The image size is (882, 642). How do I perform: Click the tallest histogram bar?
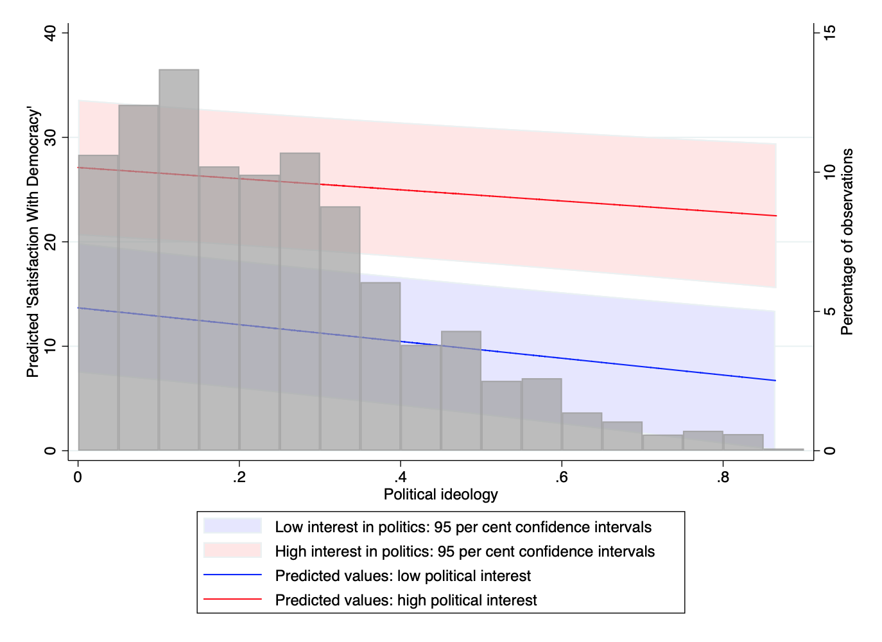tap(179, 257)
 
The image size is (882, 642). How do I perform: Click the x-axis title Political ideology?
tap(441, 494)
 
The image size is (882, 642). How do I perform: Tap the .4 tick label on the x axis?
tap(401, 477)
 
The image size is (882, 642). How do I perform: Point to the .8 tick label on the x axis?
tap(723, 477)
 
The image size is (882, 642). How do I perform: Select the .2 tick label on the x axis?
tap(239, 477)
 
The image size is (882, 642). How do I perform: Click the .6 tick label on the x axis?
tap(562, 477)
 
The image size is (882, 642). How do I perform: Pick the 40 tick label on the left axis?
tap(50, 33)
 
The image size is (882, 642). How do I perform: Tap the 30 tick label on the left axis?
tap(50, 137)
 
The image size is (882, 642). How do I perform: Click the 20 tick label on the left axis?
tap(50, 242)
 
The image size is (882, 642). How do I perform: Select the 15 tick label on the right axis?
tap(829, 33)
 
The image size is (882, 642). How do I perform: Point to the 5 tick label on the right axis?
tap(829, 311)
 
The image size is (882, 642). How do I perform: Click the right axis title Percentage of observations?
tap(847, 242)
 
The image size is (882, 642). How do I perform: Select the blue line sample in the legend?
tap(232, 575)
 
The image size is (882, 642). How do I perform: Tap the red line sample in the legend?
tap(232, 600)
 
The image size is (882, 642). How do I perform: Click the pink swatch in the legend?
tap(232, 551)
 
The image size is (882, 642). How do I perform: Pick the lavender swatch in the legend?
tap(232, 526)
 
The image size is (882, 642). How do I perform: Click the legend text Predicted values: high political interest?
tap(406, 600)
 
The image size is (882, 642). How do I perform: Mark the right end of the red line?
tap(775, 216)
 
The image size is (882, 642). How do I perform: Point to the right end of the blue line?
tap(775, 381)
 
